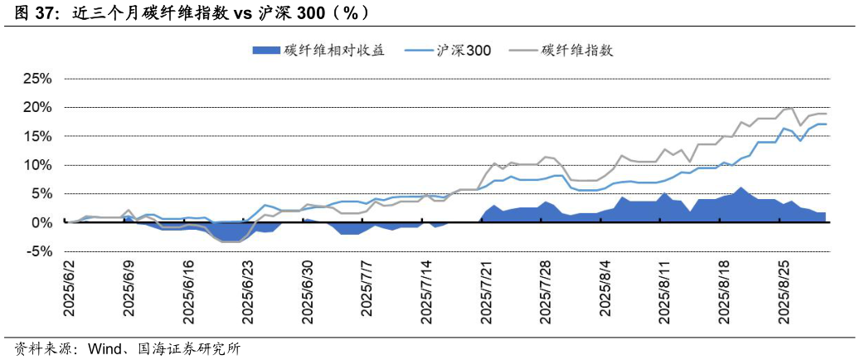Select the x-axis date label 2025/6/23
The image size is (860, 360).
(x=247, y=287)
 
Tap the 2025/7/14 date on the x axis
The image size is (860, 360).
(x=426, y=287)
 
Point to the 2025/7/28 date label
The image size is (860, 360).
(x=545, y=287)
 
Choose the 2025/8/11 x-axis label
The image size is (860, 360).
(x=664, y=287)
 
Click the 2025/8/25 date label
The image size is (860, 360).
(x=784, y=287)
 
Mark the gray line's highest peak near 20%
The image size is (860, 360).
(x=790, y=108)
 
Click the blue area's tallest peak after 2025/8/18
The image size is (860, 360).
(x=741, y=187)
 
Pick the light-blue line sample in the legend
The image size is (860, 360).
(x=419, y=51)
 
